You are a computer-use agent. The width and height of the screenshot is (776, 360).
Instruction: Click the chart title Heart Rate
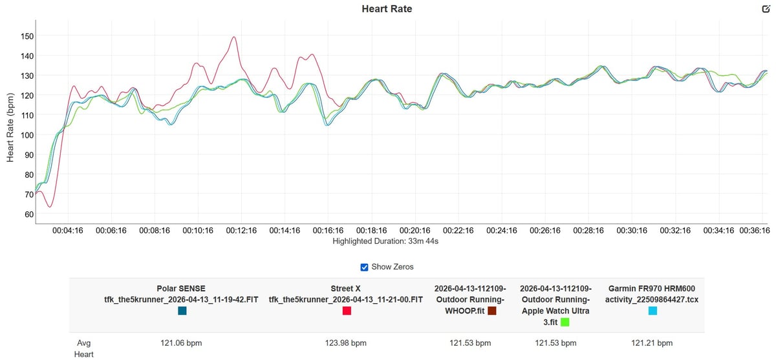pos(387,9)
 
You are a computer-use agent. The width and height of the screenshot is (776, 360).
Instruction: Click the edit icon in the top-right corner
pos(766,9)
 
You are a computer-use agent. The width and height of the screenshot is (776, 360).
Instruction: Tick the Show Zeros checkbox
pos(365,267)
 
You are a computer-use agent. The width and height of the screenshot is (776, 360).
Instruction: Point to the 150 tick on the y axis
pos(27,36)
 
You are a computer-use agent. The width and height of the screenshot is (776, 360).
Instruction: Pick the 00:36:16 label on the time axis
pos(751,231)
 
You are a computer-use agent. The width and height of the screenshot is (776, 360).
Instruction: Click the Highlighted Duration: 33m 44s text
pos(386,242)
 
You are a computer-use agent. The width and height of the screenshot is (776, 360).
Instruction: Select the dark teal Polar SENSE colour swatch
pos(182,311)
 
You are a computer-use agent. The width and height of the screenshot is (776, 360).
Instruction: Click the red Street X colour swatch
pos(347,311)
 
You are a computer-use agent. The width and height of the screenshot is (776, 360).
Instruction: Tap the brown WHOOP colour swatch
pos(491,311)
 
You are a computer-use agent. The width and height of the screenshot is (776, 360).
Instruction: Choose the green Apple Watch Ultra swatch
pos(565,321)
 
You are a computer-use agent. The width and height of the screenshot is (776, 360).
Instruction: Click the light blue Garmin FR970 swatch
pos(652,311)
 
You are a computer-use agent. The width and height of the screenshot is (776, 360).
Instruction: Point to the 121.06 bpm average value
pos(182,343)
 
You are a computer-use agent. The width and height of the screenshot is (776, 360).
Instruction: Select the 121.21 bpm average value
pos(652,343)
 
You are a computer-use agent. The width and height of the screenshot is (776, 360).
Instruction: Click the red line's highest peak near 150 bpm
pos(233,37)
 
